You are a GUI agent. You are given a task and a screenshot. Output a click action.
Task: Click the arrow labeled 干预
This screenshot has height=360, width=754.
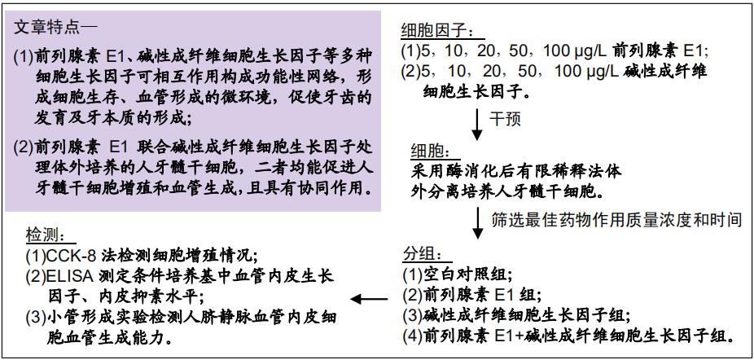477,124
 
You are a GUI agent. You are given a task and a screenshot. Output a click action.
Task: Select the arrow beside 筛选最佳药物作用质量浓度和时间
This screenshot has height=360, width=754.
477,223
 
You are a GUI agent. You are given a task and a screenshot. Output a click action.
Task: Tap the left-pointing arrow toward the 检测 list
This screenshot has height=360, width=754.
369,300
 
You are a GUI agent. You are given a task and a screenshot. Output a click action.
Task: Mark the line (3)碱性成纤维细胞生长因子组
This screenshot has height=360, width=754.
516,316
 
